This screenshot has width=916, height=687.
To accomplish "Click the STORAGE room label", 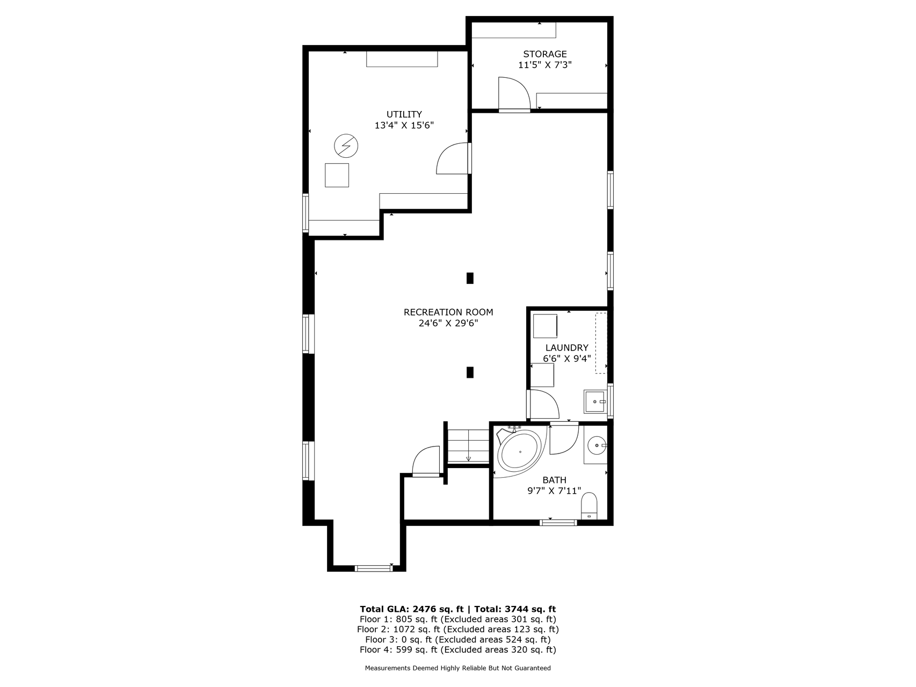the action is pyautogui.click(x=545, y=54).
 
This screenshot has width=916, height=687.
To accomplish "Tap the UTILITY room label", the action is pyautogui.click(x=404, y=114).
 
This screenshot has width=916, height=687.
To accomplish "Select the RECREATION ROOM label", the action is pyautogui.click(x=448, y=312).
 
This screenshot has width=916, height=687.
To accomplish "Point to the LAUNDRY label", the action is pyautogui.click(x=567, y=348).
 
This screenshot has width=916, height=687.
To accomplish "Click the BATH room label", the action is pyautogui.click(x=554, y=480).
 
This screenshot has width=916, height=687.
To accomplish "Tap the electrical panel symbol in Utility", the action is pyautogui.click(x=346, y=145).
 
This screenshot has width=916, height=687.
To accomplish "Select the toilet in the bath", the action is pyautogui.click(x=589, y=506).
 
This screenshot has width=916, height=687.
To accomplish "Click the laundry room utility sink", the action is pyautogui.click(x=595, y=401).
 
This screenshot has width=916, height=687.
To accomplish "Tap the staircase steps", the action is pyautogui.click(x=469, y=445).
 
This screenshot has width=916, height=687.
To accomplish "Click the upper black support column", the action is pyautogui.click(x=470, y=278).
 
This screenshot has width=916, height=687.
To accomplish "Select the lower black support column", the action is pyautogui.click(x=470, y=372).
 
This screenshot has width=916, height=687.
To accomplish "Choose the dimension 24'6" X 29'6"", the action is pyautogui.click(x=448, y=323).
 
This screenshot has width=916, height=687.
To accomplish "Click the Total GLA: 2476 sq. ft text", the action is pyautogui.click(x=411, y=609).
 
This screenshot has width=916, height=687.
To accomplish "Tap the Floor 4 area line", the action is pyautogui.click(x=457, y=650).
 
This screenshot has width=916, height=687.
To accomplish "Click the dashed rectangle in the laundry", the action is pyautogui.click(x=601, y=342).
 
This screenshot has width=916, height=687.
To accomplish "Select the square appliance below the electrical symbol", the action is pyautogui.click(x=337, y=175).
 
